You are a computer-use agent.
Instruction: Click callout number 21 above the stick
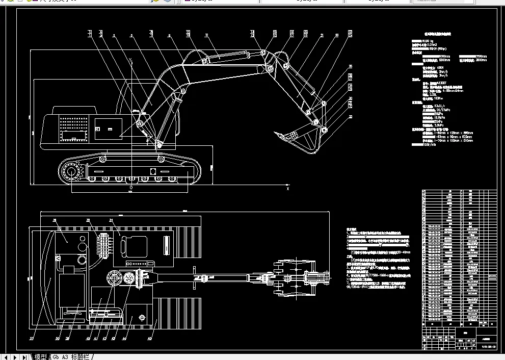tap(323, 35)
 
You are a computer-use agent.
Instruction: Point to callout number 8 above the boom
tap(169, 35)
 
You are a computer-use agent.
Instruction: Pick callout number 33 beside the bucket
tap(350, 116)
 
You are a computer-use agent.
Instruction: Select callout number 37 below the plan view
tap(32, 338)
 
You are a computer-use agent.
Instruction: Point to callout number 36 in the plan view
tap(55, 221)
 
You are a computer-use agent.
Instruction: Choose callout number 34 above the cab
tap(111, 221)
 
